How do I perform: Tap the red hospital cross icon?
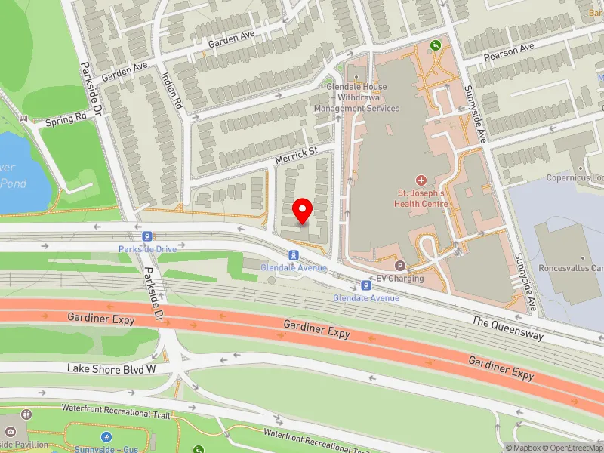[x=421, y=180]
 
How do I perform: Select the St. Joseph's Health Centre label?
[x=421, y=198]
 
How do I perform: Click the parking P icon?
[x=400, y=266]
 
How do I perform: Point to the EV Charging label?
[x=400, y=279]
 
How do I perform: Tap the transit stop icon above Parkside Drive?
[x=146, y=237]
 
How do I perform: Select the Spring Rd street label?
[x=65, y=119]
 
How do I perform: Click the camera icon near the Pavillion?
[x=27, y=414]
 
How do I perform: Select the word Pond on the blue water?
[x=13, y=183]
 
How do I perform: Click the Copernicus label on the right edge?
[x=575, y=178]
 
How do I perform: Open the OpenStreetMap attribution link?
[x=572, y=448]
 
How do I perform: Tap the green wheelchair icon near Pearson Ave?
[x=435, y=46]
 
